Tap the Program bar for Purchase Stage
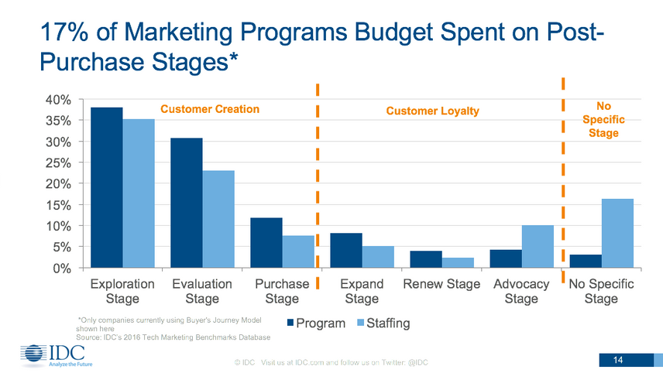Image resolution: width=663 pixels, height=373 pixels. [x=266, y=242]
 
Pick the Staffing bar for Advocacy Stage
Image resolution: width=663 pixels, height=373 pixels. [x=538, y=246]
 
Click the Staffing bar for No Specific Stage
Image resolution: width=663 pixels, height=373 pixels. [x=617, y=233]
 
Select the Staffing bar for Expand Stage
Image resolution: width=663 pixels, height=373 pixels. [x=378, y=257]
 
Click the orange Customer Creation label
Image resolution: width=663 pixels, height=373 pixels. [x=209, y=109]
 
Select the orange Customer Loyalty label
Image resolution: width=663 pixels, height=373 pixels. [x=432, y=111]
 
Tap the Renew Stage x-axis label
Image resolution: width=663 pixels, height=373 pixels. [x=441, y=284]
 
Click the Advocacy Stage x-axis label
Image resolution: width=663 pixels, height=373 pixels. [x=521, y=291]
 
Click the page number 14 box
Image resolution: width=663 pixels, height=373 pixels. [x=618, y=359]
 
